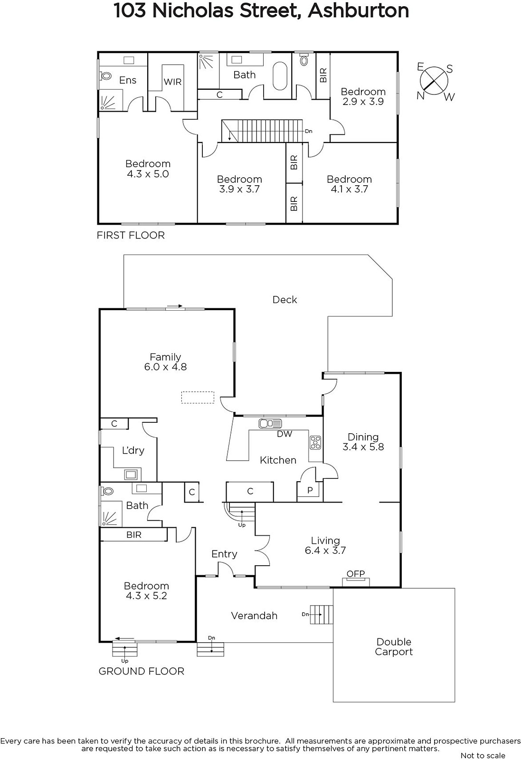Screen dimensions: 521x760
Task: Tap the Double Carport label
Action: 394,647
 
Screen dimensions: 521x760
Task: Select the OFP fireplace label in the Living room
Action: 355,574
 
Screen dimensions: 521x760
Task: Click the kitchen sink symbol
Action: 270,423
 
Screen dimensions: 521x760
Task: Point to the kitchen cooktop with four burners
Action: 315,442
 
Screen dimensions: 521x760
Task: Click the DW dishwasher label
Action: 284,434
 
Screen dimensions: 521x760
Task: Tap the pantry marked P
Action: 310,490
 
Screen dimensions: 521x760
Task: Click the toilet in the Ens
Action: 105,76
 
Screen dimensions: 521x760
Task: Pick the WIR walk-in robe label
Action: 172,82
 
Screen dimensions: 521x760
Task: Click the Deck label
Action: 285,299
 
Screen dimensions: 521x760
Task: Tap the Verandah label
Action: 254,616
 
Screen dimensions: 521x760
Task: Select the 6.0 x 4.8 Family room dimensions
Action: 165,367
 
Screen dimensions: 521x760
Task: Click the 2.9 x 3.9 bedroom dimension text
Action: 363,101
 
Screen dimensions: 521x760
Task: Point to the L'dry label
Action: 133,450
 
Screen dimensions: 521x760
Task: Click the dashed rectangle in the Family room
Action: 198,397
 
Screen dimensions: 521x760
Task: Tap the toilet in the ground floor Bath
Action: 106,492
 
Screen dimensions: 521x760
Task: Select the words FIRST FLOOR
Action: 131,235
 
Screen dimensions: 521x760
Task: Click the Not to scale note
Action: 483,755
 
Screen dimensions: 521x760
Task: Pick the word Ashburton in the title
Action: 359,10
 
